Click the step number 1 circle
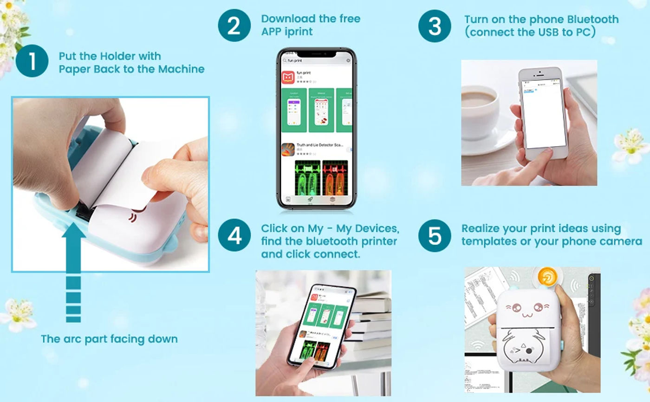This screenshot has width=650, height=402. coord(32,62)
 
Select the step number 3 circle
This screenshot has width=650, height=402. coord(435,26)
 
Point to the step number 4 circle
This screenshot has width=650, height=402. coord(234,235)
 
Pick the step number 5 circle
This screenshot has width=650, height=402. coord(435,235)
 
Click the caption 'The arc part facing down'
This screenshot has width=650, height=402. coord(109,339)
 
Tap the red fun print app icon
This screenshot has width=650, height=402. coord(288,77)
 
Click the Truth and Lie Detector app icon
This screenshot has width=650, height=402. coord(288,149)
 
